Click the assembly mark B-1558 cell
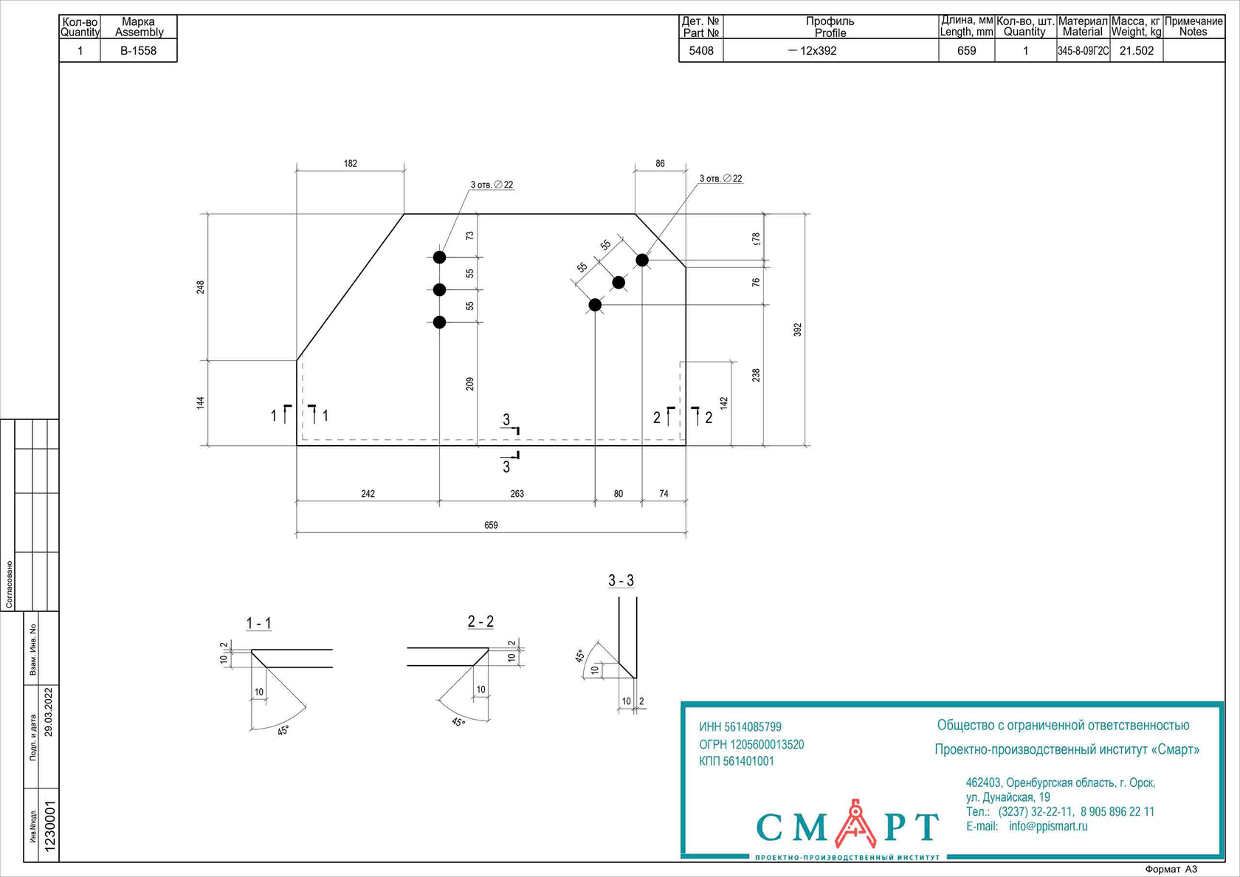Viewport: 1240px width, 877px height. point(138,51)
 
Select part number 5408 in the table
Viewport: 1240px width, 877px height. point(700,51)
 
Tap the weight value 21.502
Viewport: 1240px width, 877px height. point(1136,51)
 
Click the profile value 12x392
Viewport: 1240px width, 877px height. point(818,51)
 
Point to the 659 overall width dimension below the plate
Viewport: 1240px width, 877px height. point(491,525)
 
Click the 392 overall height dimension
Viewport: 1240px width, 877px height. point(797,329)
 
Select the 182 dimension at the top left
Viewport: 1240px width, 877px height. point(350,164)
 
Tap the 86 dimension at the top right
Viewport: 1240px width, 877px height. point(660,164)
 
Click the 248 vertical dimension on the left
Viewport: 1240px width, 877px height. point(200,287)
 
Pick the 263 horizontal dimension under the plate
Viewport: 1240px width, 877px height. point(517,494)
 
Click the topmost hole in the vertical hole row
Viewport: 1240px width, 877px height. point(439,257)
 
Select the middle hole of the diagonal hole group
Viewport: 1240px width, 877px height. point(619,283)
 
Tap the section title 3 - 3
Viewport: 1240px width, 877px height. point(621,581)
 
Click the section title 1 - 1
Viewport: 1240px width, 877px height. point(258,624)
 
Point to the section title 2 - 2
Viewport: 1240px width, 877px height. point(480,622)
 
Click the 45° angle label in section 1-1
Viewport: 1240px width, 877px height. point(283,730)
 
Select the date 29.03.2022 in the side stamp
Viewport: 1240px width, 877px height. point(49,712)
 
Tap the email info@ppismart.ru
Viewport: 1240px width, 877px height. point(1048,826)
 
